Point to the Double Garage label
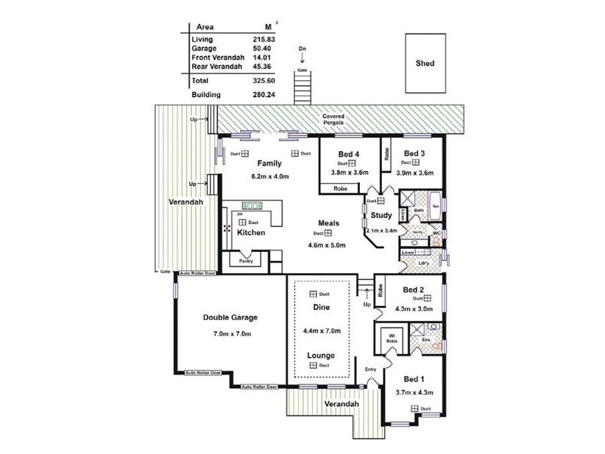231,318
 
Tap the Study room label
382,216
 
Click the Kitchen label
250,233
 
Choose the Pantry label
246,261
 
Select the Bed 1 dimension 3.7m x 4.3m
414,392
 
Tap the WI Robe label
392,337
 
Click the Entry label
371,369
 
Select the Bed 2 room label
414,289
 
